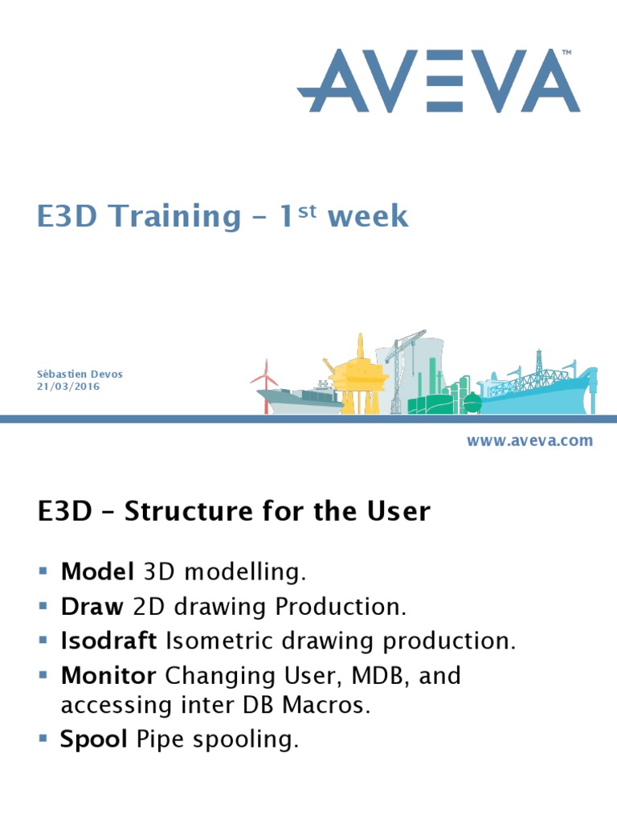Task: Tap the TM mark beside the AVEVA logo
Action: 566,53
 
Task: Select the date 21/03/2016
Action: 69,387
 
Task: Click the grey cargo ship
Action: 301,397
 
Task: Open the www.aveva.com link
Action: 529,440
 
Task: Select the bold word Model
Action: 97,572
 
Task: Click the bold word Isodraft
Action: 110,641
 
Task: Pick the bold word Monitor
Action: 108,676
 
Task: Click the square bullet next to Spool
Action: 43,738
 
